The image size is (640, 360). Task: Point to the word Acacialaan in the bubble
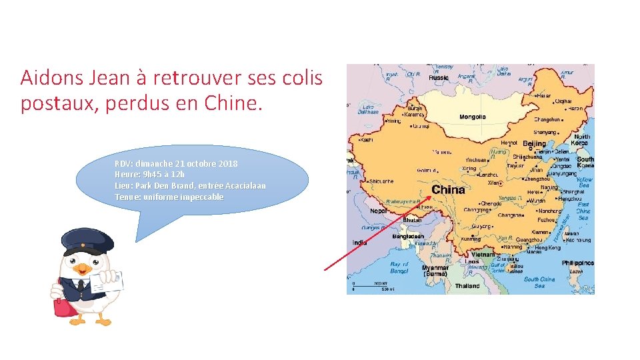245,185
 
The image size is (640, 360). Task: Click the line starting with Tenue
169,197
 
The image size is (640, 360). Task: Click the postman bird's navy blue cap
87,242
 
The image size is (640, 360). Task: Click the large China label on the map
448,190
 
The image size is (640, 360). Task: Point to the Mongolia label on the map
473,117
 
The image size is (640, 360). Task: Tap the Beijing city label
534,144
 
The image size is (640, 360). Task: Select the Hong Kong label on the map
548,247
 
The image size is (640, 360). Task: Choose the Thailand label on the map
467,286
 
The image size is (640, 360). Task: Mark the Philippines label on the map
577,263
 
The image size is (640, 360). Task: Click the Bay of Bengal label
399,268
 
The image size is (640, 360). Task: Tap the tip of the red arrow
430,195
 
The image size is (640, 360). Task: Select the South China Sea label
539,282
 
